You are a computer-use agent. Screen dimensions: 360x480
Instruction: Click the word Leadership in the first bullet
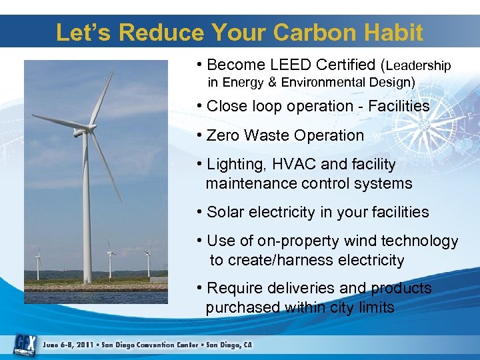click(x=419, y=66)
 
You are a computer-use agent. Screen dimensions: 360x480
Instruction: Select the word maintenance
click(x=249, y=183)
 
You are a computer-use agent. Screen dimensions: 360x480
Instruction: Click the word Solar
click(x=225, y=212)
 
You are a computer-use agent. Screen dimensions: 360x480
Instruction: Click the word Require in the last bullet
click(x=234, y=288)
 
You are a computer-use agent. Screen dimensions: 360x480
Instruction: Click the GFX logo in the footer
click(x=25, y=344)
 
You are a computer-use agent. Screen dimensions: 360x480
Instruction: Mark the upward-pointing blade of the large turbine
click(x=101, y=97)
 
